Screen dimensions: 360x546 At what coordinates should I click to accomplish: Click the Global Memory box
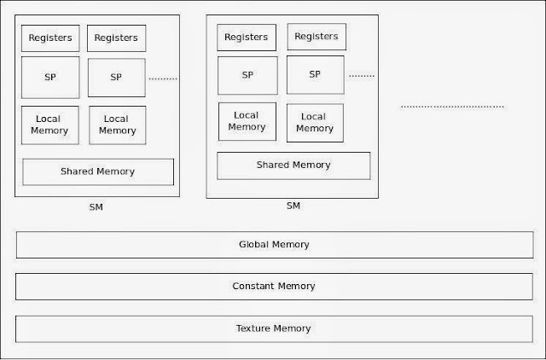pos(273,245)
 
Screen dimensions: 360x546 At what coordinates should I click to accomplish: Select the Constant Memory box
pos(273,287)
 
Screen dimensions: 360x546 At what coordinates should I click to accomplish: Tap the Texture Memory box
pos(273,328)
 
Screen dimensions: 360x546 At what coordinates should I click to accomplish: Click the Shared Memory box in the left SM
pos(97,171)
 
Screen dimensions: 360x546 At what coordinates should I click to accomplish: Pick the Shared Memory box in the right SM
pos(293,165)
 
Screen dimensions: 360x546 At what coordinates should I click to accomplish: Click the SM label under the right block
pos(293,206)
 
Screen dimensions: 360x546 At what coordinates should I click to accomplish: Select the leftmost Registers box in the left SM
pos(50,38)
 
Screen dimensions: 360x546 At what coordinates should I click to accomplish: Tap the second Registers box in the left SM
pos(117,38)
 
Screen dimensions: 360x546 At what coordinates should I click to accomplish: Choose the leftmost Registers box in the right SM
pos(247,38)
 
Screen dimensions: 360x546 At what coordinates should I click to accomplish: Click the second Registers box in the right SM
pos(316,37)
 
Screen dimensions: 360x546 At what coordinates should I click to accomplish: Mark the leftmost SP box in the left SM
pos(50,78)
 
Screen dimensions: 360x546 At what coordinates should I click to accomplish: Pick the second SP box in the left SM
pos(117,78)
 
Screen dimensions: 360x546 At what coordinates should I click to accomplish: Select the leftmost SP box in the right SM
pos(247,75)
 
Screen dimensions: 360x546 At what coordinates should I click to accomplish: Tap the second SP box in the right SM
pos(315,75)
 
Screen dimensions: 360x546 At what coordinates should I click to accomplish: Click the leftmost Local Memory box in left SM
pos(50,125)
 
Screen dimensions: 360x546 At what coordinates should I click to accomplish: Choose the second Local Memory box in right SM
pos(315,123)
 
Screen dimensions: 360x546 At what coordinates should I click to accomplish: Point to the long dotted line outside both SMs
pos(452,107)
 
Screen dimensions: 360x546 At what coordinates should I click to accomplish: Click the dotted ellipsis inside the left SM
pos(163,78)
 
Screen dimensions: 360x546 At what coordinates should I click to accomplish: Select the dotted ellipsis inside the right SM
pos(362,76)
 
